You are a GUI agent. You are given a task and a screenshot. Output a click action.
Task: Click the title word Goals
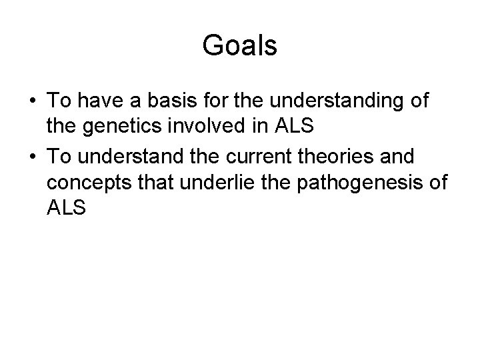[x=239, y=46]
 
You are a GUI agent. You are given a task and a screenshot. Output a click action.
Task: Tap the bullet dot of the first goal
[x=33, y=102]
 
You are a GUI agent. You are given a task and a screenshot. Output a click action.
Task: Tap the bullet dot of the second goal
[x=33, y=158]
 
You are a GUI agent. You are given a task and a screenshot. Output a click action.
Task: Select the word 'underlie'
[x=225, y=183]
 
